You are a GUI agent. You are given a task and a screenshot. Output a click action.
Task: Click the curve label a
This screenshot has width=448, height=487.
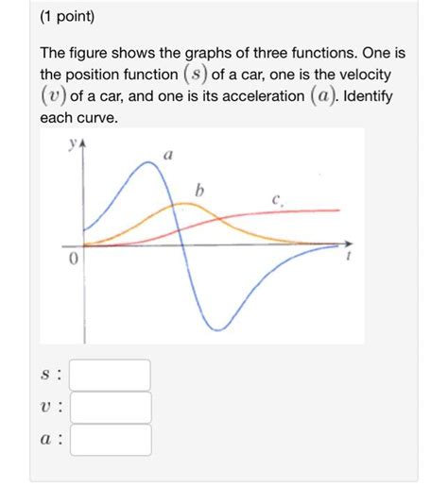[167, 154]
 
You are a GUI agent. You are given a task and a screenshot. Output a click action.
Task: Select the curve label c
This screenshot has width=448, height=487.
[275, 199]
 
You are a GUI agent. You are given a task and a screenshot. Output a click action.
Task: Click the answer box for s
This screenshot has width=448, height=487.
[111, 375]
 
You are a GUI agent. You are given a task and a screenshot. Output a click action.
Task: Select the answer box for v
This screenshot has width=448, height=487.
[111, 408]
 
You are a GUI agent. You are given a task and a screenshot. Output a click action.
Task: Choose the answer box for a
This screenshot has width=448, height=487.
[111, 440]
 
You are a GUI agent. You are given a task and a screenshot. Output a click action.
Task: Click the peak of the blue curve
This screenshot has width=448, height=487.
[147, 163]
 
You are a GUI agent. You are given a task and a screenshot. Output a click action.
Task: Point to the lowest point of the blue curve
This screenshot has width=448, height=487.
[219, 329]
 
